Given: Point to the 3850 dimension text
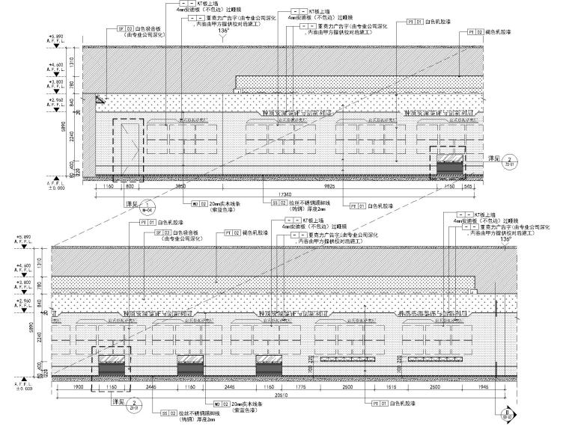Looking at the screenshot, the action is coord(179,185).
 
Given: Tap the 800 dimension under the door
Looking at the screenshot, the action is coord(128,185).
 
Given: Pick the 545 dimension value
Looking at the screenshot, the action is coord(467,185).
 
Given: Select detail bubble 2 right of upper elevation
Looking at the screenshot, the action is coord(508,160).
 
